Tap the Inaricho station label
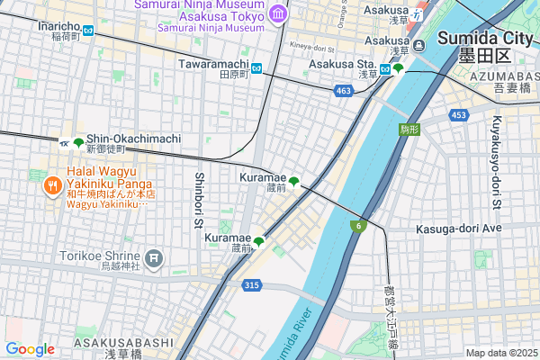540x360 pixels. [59, 26]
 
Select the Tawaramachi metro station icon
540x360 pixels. [256, 68]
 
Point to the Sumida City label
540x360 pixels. [485, 39]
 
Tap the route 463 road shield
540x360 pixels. [342, 91]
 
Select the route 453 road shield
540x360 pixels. [459, 115]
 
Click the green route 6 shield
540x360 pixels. [358, 225]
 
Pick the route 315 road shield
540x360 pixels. [252, 284]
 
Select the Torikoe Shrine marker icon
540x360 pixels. [154, 259]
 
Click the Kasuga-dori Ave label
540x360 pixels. [457, 229]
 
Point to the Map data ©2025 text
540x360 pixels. [500, 353]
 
